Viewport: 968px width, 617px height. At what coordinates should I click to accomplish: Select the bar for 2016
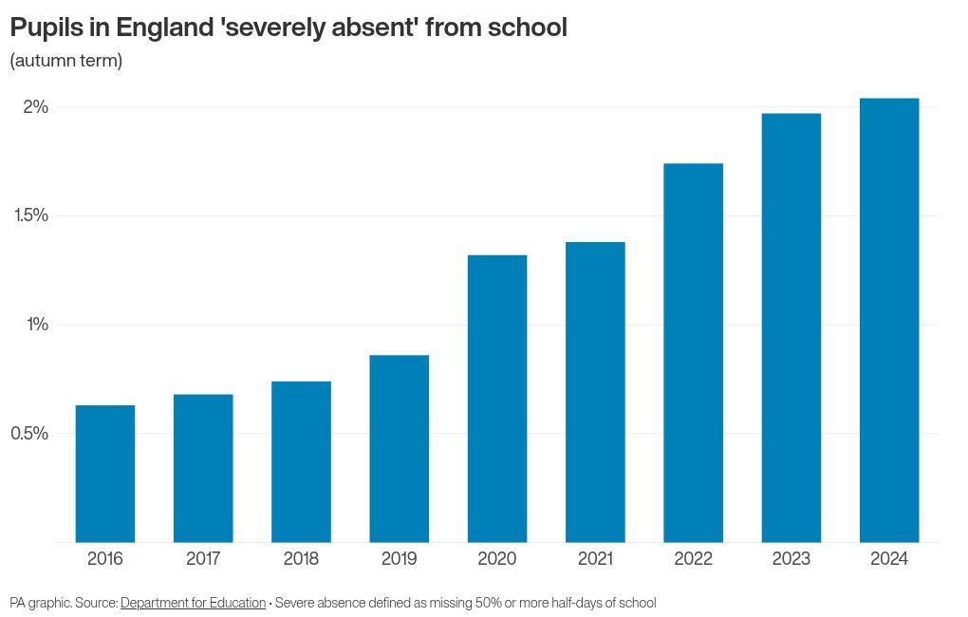[x=105, y=474]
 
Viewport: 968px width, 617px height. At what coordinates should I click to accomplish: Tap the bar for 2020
[x=497, y=399]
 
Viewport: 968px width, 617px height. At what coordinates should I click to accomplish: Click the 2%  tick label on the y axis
[x=36, y=106]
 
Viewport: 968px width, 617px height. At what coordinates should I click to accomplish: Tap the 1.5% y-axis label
[x=31, y=215]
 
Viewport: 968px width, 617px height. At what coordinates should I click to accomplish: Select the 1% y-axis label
[x=37, y=325]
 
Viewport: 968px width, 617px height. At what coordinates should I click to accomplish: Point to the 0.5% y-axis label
[x=29, y=434]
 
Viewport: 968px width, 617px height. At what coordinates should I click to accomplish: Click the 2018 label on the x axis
[x=301, y=558]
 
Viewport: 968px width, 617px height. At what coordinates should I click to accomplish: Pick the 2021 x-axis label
[x=595, y=558]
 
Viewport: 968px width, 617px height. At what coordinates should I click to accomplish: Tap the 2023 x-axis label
[x=791, y=558]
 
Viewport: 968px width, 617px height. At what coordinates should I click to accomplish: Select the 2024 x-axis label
[x=889, y=558]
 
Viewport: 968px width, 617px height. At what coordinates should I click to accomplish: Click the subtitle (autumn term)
[x=65, y=61]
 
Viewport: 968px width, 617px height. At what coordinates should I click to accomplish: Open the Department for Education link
[x=193, y=603]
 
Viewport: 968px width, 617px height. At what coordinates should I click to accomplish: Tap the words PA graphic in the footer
[x=40, y=603]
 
